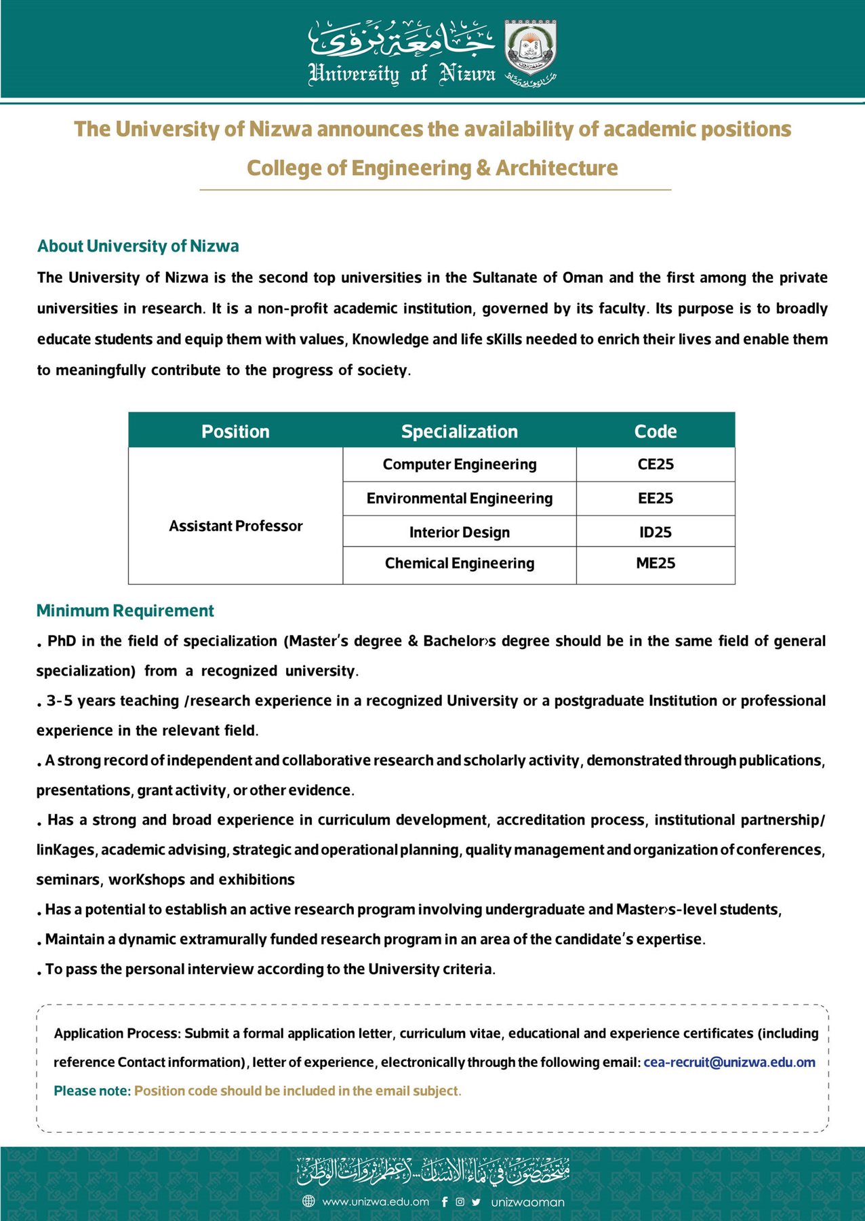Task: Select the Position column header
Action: pos(235,431)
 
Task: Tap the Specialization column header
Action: pos(459,431)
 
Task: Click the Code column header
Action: pos(655,431)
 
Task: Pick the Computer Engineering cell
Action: pos(459,465)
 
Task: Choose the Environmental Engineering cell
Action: pos(459,499)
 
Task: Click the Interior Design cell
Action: pos(459,532)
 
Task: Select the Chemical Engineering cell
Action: pos(459,564)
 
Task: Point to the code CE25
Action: pos(655,465)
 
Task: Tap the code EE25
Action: pos(655,499)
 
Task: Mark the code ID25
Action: pos(655,532)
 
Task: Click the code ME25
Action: pos(655,564)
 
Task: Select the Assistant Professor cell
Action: pos(235,526)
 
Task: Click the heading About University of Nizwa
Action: pos(138,246)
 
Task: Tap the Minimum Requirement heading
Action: pos(125,611)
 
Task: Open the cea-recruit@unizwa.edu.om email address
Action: pos(729,1063)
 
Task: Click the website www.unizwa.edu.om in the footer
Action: pos(376,1202)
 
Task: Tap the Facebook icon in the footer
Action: pos(445,1202)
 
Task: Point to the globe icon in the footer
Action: pos(308,1202)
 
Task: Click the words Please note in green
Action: pos(92,1091)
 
